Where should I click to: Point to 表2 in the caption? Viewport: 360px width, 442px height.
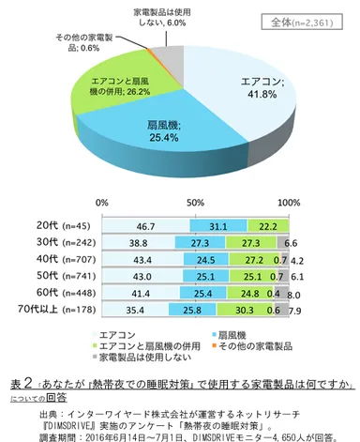click(22, 382)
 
